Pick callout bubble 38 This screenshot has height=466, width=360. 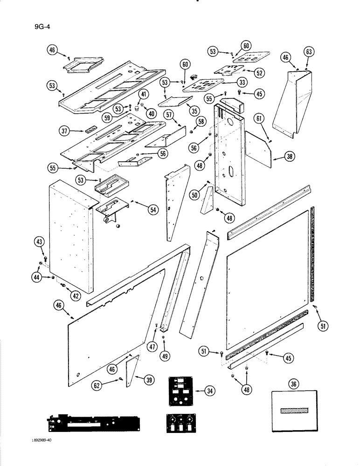pos(289,158)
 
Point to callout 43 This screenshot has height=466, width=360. pos(39,241)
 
